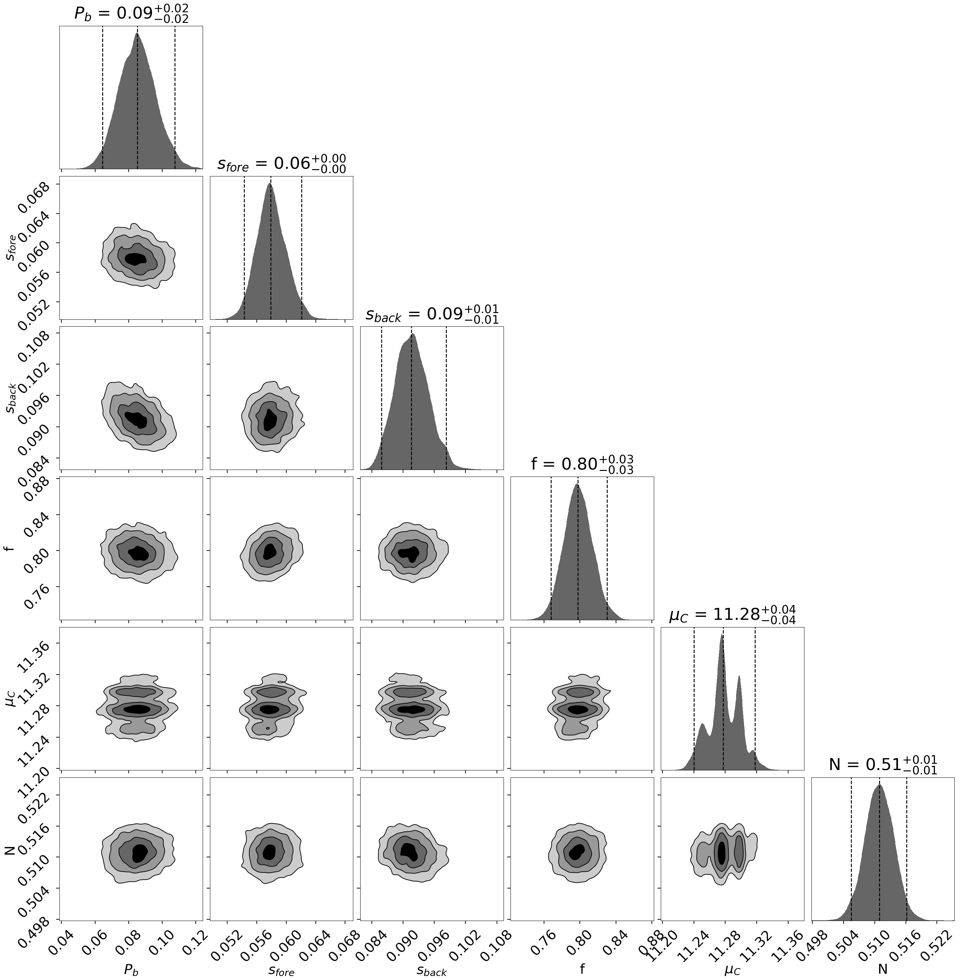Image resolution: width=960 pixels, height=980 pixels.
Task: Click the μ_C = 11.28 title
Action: [732, 615]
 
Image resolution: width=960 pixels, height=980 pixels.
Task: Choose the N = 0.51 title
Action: [883, 765]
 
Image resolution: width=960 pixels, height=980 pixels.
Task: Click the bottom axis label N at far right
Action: [883, 968]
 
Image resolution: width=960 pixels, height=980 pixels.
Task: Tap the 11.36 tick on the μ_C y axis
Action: [30, 651]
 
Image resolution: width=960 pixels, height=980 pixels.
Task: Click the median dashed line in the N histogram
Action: [880, 857]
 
